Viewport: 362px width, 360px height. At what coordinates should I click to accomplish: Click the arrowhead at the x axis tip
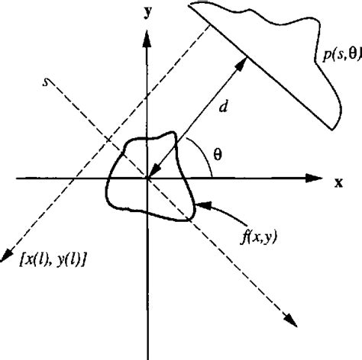pyautogui.click(x=315, y=178)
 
